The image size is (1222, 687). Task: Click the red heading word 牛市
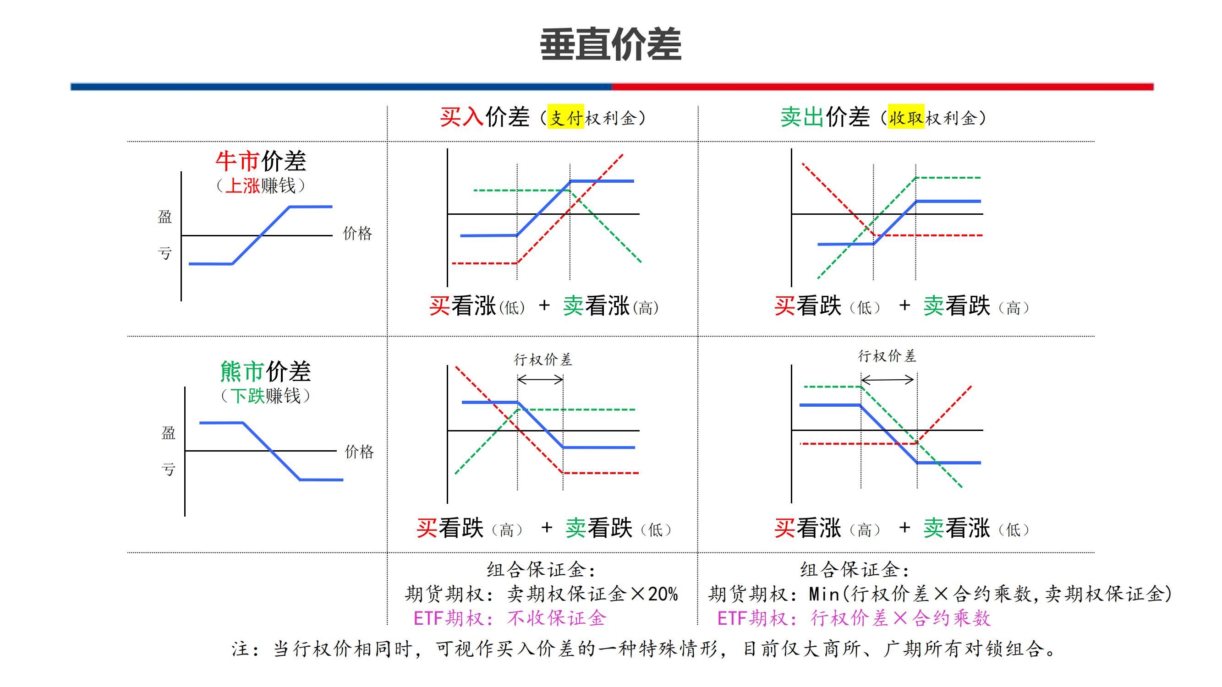(x=237, y=161)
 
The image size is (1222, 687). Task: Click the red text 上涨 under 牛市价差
(x=242, y=186)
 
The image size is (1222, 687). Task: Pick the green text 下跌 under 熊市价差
(x=247, y=396)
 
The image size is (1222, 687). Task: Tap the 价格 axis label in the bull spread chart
(x=357, y=233)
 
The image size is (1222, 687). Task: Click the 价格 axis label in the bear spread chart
(x=359, y=452)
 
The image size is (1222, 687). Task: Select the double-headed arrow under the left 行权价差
(x=540, y=379)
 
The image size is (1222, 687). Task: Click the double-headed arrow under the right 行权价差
(x=887, y=379)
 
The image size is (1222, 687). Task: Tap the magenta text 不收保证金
(x=557, y=618)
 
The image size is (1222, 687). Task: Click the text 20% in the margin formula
(x=663, y=594)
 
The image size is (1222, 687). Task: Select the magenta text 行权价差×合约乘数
(x=900, y=618)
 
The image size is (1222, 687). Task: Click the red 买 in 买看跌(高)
(x=427, y=528)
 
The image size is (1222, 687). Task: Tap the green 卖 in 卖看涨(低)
(x=934, y=528)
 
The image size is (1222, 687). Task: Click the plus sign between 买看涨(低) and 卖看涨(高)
(x=544, y=305)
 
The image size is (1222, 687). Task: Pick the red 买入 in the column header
(x=461, y=117)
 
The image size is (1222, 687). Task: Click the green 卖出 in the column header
(x=802, y=117)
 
